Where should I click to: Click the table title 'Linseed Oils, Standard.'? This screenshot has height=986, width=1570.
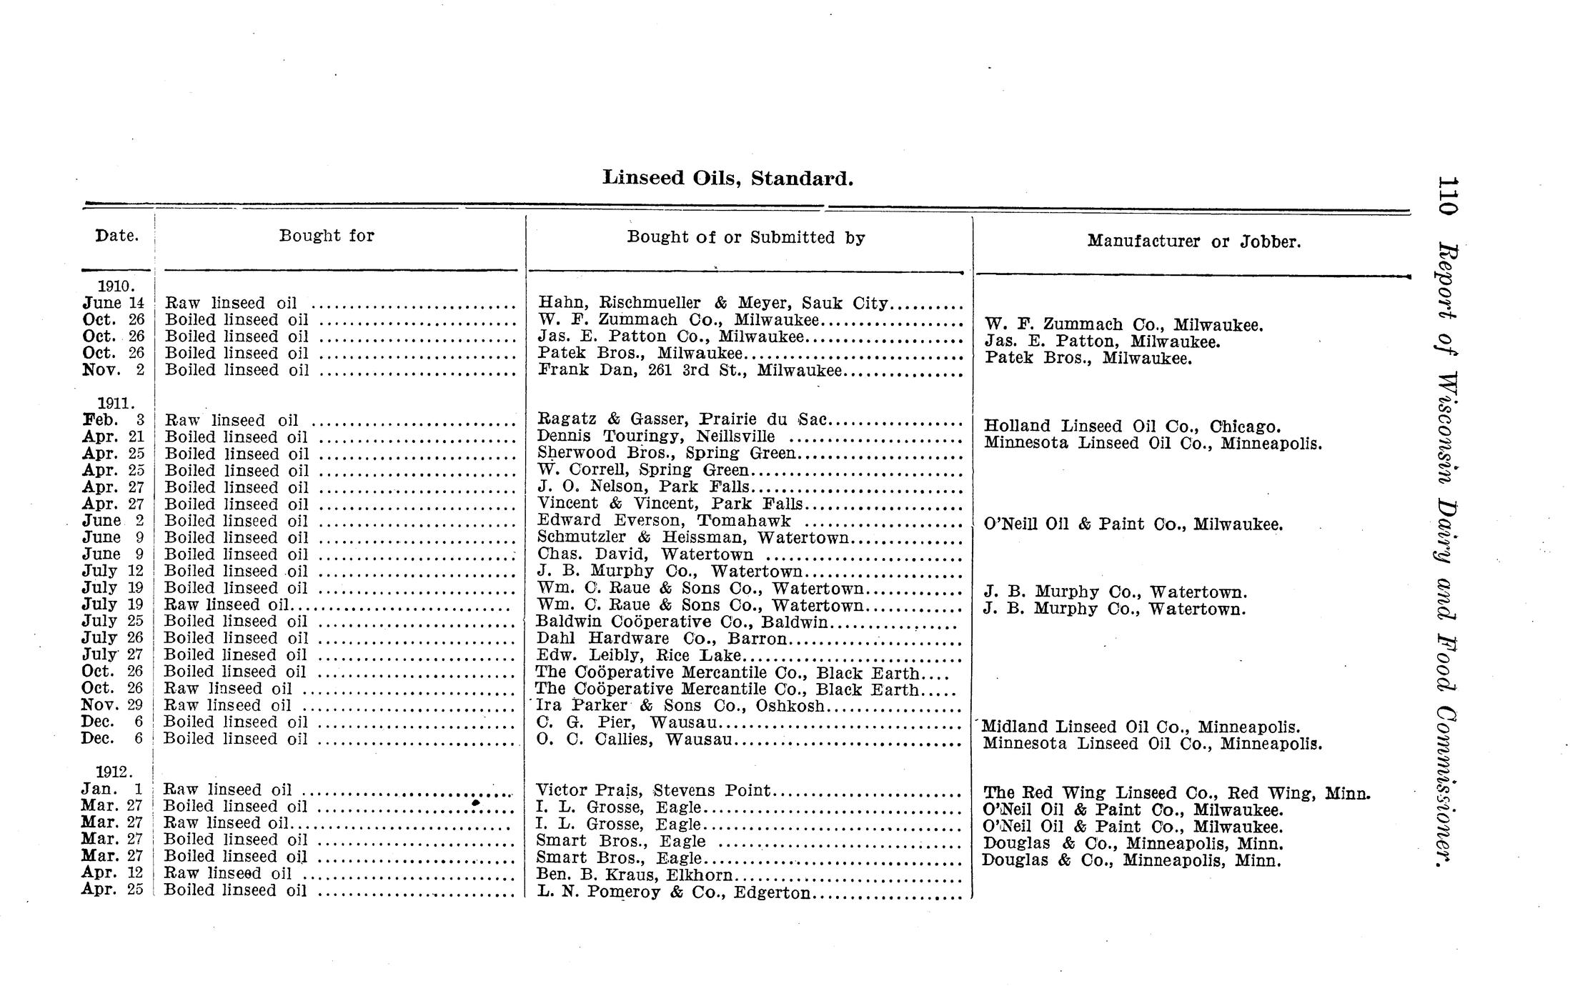click(x=727, y=178)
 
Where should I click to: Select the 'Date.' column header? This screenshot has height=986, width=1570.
click(x=117, y=236)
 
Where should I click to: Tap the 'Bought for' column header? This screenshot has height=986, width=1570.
click(x=327, y=236)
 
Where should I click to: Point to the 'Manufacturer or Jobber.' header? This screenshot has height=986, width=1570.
click(x=1194, y=241)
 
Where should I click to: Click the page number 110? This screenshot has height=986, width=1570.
click(x=1448, y=196)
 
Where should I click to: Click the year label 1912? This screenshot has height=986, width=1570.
click(x=114, y=772)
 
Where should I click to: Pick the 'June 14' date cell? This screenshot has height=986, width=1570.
click(x=114, y=303)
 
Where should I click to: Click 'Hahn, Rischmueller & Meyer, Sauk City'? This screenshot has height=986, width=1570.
click(x=712, y=303)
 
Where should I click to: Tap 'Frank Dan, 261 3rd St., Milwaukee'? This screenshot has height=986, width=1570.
click(x=690, y=370)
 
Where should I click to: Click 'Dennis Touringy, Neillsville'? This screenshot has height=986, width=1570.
click(x=656, y=437)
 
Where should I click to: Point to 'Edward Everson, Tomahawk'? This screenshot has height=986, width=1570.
click(x=664, y=521)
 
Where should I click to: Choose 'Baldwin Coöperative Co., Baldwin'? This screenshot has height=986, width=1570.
click(x=682, y=622)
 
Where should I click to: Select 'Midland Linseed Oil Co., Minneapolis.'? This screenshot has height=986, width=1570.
click(x=1141, y=727)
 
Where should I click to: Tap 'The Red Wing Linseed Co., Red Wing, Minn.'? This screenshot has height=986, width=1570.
click(x=1176, y=793)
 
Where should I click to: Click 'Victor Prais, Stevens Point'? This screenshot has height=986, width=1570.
click(x=653, y=790)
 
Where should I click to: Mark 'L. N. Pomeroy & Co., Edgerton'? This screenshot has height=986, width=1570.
click(x=673, y=892)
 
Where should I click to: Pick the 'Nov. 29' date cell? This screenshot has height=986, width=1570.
click(x=112, y=705)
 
